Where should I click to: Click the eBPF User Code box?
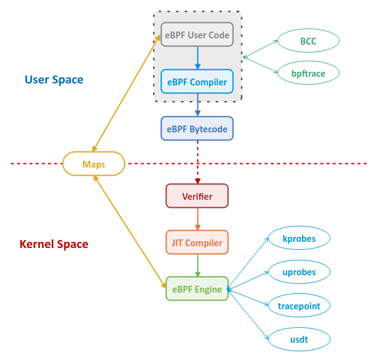(197, 35)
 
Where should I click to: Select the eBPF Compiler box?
(197, 81)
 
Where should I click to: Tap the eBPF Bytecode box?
(197, 129)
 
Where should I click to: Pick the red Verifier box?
(197, 196)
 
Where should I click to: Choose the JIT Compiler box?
(197, 242)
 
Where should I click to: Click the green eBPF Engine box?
(197, 288)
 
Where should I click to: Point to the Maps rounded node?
(93, 164)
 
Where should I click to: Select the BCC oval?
(308, 41)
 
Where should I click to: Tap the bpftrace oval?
(308, 73)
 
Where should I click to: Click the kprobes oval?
(299, 238)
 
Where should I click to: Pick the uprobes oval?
(299, 272)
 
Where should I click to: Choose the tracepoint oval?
(299, 305)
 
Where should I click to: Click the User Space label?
(54, 79)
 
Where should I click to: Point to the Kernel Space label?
(54, 244)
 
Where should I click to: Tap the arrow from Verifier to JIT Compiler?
(197, 219)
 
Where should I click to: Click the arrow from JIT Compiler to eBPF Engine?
(197, 265)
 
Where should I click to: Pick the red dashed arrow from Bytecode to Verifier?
(197, 161)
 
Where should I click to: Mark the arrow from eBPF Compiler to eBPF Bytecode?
(197, 105)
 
